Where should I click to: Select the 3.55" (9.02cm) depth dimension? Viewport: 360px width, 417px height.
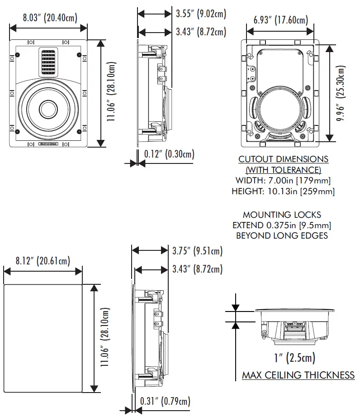point(200,14)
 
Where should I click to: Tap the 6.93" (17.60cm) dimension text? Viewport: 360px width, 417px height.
point(280,20)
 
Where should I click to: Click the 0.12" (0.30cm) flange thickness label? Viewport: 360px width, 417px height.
point(169,154)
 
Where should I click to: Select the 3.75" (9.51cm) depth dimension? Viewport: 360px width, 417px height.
point(197,251)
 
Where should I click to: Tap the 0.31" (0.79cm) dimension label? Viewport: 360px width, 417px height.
point(165,401)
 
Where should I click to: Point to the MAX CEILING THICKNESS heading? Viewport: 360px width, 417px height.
point(298,375)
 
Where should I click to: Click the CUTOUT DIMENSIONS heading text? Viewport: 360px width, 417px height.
point(283,159)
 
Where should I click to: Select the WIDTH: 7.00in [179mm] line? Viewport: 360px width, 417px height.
point(283,181)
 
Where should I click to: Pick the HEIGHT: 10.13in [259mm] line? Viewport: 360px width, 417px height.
point(283,192)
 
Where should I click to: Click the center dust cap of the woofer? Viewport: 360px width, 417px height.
point(48,109)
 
